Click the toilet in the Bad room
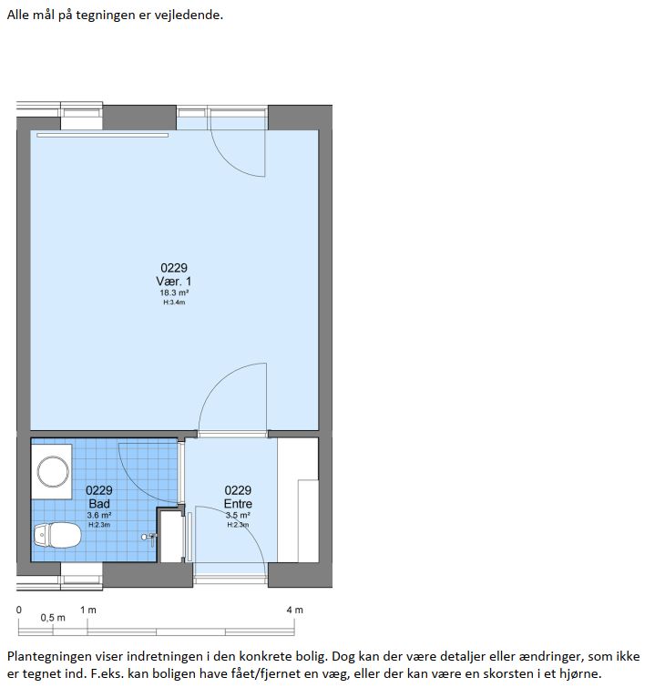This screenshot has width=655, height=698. click(57, 536)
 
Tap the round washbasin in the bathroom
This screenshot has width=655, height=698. click(53, 471)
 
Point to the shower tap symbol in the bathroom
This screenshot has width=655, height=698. click(150, 539)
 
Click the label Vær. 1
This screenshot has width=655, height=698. click(173, 282)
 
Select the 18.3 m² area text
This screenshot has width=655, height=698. click(174, 293)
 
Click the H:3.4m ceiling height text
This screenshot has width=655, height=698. click(174, 303)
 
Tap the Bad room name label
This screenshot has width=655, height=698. click(99, 504)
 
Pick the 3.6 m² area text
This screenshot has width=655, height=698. click(99, 516)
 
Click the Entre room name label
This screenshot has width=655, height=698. click(238, 504)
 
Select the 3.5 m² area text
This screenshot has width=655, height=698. click(238, 516)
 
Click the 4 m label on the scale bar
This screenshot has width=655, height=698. click(294, 610)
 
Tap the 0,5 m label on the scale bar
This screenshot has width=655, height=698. click(53, 618)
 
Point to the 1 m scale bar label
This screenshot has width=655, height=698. click(88, 610)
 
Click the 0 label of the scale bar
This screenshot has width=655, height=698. click(19, 610)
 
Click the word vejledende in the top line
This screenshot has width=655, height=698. click(189, 15)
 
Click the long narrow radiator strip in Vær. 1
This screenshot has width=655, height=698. click(102, 135)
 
